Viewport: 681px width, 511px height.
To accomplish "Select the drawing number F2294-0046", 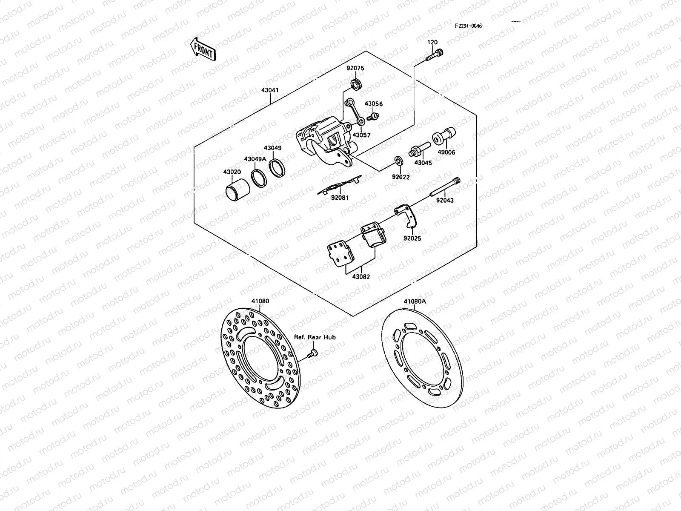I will point(468,26).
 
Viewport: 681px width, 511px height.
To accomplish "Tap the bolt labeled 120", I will point(433,55).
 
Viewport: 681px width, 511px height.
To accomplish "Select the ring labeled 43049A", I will point(258,177).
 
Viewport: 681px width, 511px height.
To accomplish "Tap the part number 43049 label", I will point(272,148).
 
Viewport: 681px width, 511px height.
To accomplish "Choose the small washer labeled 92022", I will point(399,161).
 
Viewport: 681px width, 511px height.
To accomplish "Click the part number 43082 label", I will point(361,277).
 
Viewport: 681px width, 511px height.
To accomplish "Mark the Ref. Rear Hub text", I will point(315,337).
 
